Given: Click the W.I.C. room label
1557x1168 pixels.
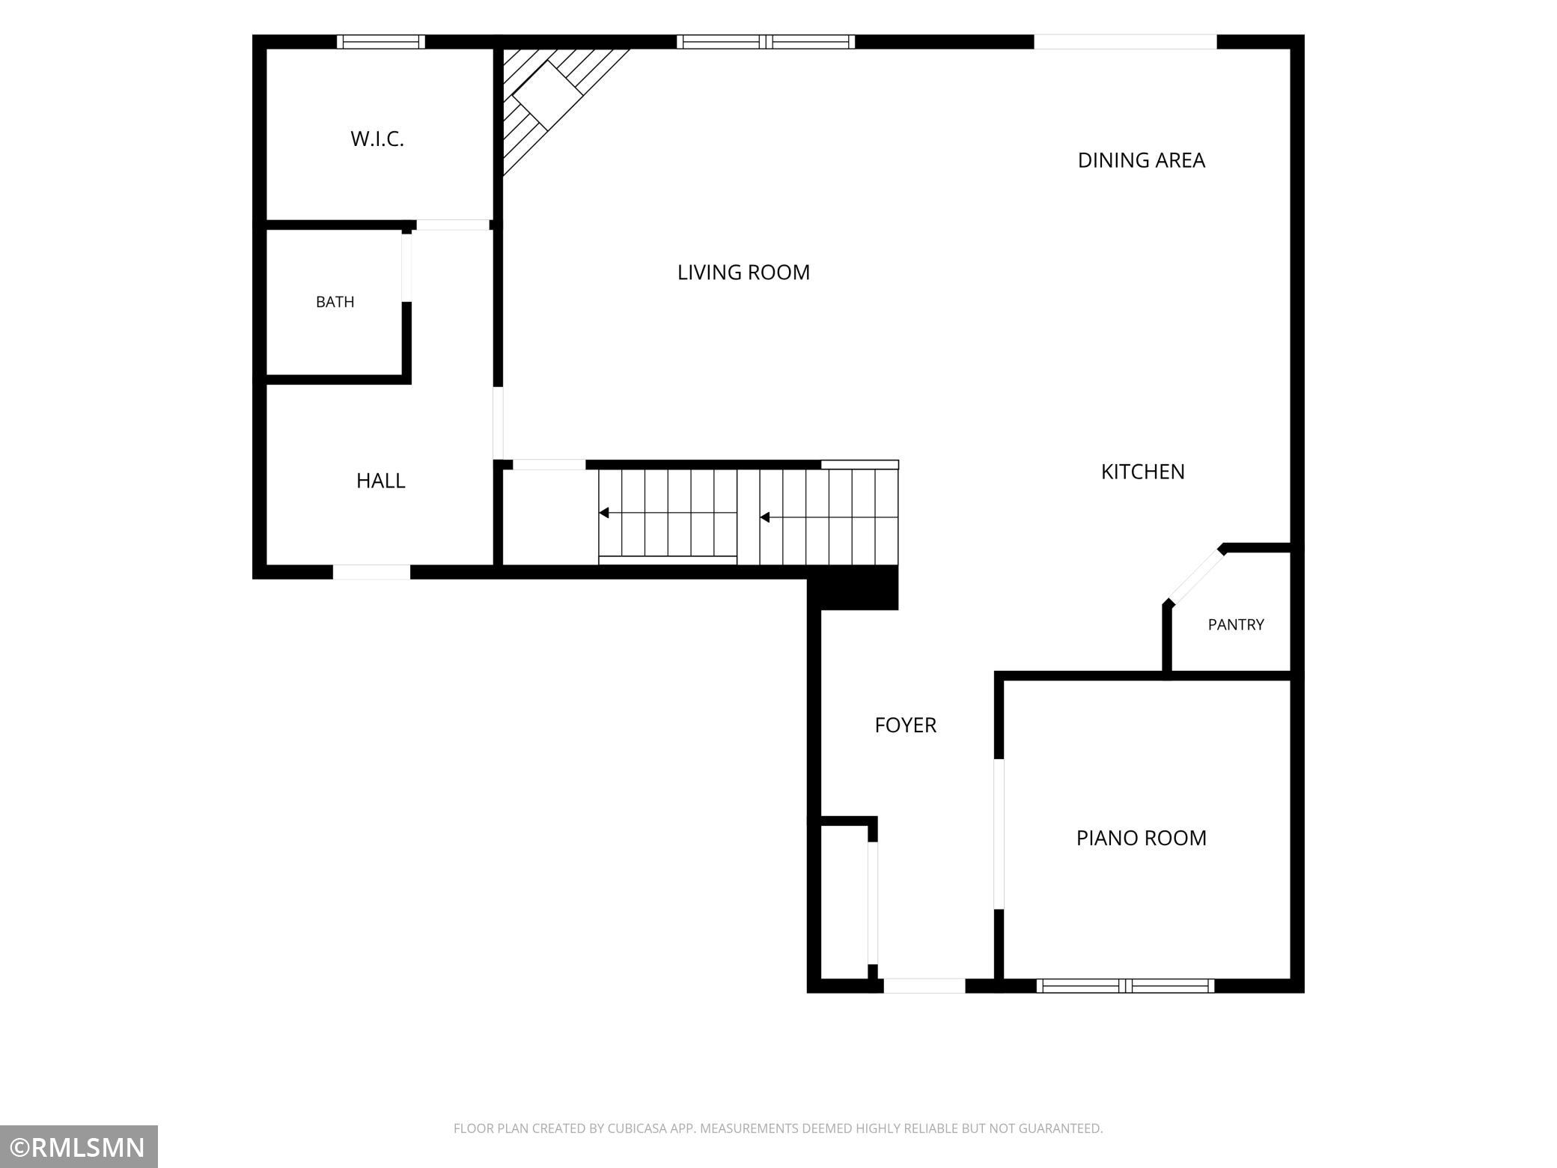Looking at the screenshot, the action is (x=377, y=139).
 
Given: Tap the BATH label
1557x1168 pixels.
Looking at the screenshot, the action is (x=335, y=302).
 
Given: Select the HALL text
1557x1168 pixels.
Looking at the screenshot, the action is (x=380, y=481).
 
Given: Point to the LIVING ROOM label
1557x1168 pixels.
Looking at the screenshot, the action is (x=743, y=273).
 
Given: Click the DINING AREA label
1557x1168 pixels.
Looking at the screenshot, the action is (x=1141, y=160).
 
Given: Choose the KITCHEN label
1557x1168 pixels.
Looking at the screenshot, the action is (x=1142, y=472).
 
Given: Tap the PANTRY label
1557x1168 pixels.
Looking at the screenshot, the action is (x=1236, y=624).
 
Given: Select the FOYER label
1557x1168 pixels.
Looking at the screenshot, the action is (x=905, y=725).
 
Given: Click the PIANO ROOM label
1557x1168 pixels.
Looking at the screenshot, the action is (x=1141, y=838).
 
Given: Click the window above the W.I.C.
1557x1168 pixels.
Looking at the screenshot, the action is (x=380, y=42).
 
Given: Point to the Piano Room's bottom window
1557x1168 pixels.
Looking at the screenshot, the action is (x=1125, y=986).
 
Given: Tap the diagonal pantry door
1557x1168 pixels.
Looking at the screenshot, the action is (x=1195, y=576).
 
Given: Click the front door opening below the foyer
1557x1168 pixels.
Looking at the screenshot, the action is (x=924, y=986).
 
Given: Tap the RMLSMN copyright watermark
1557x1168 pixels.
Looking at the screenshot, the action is (x=79, y=1147).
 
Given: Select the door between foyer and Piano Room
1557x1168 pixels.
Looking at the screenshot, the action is (x=999, y=834).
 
